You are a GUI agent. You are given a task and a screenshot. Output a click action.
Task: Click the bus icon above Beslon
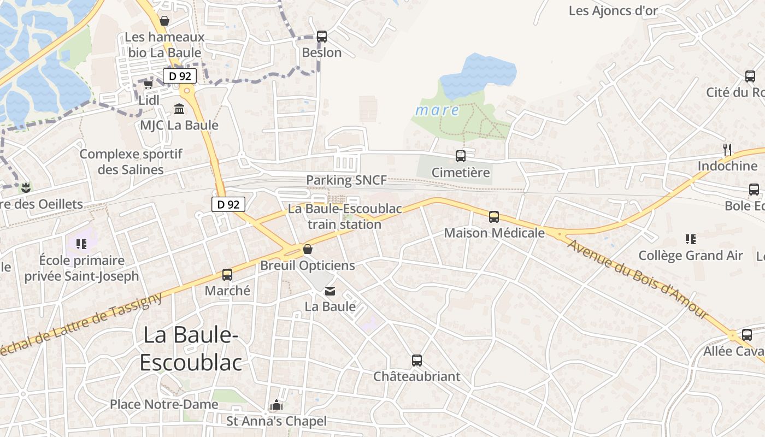(x=322, y=37)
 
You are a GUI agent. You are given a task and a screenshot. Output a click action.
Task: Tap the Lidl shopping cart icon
(x=148, y=84)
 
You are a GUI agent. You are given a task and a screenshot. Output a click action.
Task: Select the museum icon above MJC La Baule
(x=179, y=109)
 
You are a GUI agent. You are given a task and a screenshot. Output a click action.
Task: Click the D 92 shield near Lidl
(x=179, y=76)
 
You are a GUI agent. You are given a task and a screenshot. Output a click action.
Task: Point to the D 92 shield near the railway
(x=228, y=204)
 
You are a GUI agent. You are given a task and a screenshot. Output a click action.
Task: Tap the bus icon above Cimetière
(x=461, y=156)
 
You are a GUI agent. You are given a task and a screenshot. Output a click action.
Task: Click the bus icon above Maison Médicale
(x=494, y=217)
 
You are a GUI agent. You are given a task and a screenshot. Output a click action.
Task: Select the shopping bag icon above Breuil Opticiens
(x=308, y=250)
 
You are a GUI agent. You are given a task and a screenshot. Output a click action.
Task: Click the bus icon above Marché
(x=227, y=275)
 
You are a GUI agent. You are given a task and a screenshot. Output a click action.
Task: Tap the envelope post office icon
(x=330, y=291)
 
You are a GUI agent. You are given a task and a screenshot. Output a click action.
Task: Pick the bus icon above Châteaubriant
(x=417, y=361)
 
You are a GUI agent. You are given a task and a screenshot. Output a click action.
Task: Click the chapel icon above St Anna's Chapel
(x=276, y=405)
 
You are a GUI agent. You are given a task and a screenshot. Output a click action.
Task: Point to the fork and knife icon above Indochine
(x=727, y=149)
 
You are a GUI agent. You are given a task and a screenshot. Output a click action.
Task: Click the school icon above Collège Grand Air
(x=691, y=239)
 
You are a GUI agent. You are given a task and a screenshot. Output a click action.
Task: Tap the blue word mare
(x=437, y=110)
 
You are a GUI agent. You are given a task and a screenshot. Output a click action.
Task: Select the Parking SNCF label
(x=346, y=180)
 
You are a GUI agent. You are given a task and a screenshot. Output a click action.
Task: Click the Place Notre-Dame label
(x=164, y=404)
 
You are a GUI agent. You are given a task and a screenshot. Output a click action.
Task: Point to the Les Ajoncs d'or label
(x=613, y=10)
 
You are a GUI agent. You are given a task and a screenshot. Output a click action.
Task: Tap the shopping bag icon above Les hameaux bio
(x=164, y=21)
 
